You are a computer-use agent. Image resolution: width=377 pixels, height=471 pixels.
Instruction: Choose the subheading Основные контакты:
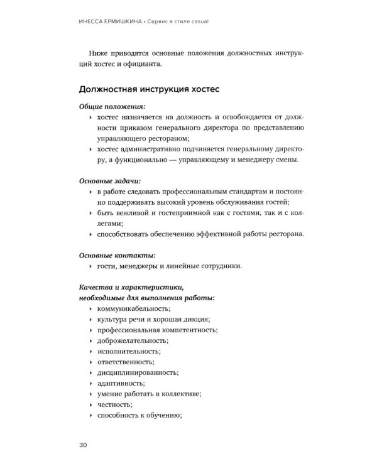(113, 255)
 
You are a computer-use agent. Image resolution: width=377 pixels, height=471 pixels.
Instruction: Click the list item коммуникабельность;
(134, 308)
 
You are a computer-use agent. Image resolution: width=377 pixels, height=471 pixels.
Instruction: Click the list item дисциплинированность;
(136, 372)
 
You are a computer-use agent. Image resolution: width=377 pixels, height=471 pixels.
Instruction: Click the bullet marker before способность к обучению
(92, 414)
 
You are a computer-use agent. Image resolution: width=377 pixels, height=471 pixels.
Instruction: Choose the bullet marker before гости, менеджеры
(92, 266)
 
